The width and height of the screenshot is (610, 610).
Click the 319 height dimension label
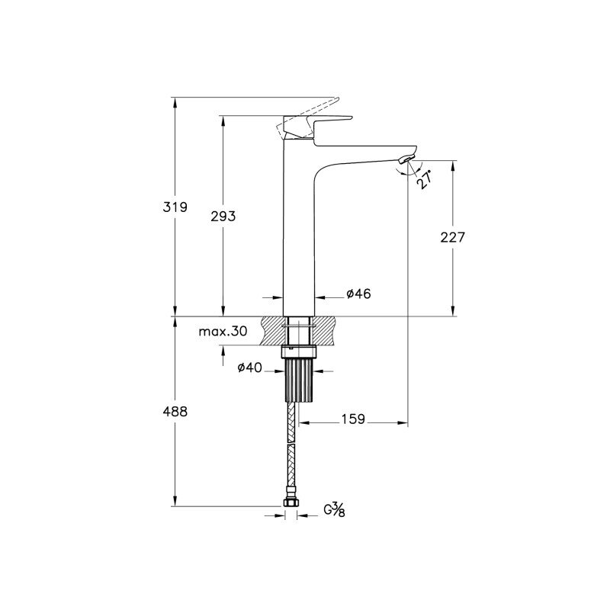tap(175, 207)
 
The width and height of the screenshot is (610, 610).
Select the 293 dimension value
tap(223, 216)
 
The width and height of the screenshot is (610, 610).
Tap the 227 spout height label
tap(453, 237)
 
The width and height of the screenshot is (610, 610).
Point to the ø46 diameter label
tap(358, 294)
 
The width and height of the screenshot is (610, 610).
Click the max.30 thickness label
tap(223, 332)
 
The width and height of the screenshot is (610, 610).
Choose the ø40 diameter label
tap(250, 368)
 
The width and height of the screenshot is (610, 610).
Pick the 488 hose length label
tap(175, 411)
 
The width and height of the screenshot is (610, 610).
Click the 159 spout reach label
tap(353, 419)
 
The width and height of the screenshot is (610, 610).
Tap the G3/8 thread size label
tap(335, 509)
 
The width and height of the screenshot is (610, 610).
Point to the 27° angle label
tap(425, 179)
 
